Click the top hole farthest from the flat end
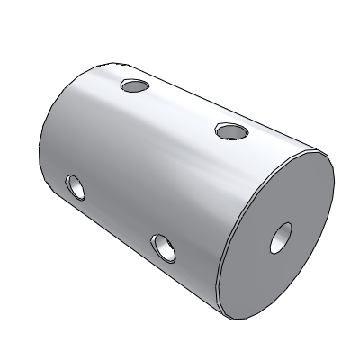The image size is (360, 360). (134, 87)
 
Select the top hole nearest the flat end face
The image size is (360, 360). (231, 131)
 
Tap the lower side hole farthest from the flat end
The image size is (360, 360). (75, 188)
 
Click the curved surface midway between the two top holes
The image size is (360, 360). (183, 109)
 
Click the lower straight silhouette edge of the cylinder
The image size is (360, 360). (135, 270)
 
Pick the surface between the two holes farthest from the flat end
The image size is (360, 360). (103, 135)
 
